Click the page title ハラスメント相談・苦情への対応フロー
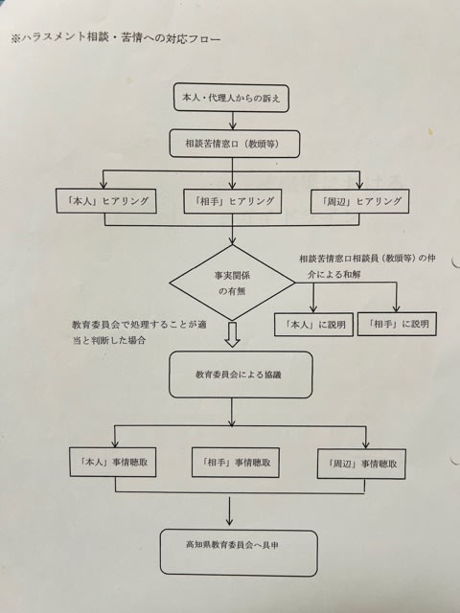point(116,38)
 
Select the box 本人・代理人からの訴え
point(232,98)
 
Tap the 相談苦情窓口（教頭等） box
point(235,144)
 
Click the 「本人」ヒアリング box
point(106,201)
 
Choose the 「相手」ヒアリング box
point(233,201)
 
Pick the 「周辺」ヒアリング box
point(360,201)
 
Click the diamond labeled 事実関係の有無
point(232,283)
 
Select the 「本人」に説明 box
point(313,324)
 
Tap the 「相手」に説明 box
point(397,324)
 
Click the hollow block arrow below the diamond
point(232,334)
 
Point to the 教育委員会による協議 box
point(241,375)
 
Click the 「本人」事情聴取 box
point(113,462)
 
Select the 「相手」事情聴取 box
point(236,463)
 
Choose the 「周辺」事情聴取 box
point(361,464)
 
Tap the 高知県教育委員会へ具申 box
point(239,553)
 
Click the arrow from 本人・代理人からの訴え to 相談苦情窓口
point(233,121)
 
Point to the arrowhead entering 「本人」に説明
point(313,308)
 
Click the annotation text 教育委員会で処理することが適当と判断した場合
point(139,332)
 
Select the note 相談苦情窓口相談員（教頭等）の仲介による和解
point(367,266)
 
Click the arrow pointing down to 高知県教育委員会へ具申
point(229,511)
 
